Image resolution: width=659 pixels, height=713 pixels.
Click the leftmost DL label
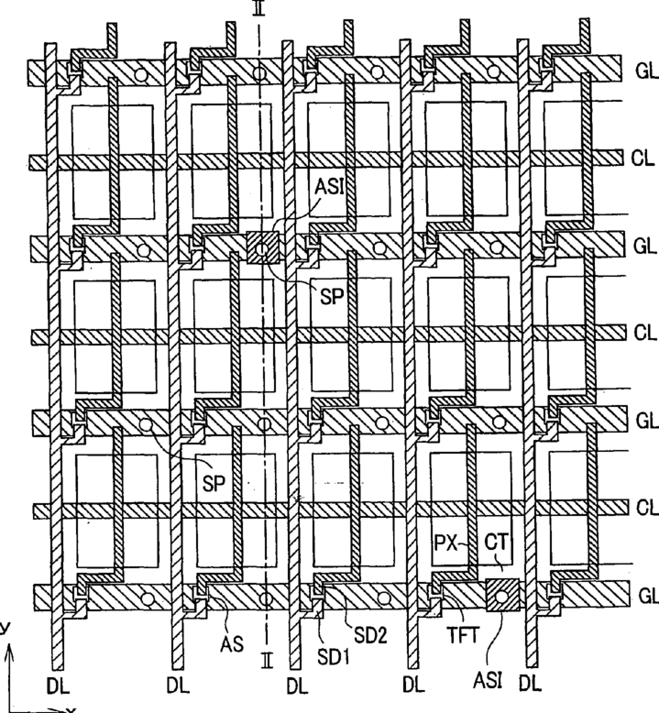[60, 683]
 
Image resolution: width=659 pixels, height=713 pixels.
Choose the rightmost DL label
[530, 683]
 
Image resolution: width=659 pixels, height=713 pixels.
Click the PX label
[445, 543]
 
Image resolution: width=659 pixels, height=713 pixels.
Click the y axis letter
[5, 629]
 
